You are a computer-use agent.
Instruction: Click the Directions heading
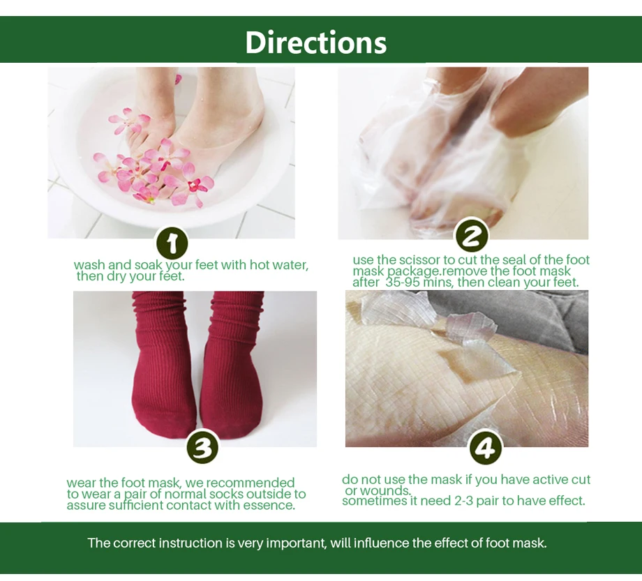(315, 43)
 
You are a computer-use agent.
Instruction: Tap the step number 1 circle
(172, 243)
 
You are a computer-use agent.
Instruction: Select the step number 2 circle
(472, 236)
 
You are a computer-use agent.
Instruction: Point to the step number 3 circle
(202, 447)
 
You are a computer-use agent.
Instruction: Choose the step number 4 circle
(485, 447)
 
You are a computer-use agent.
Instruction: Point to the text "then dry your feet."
(130, 276)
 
